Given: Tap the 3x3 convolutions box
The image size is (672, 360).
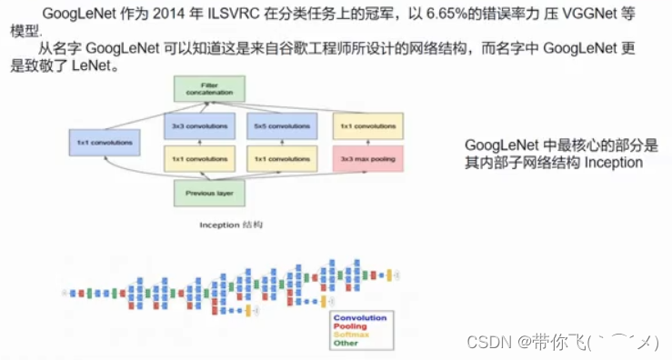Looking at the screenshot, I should pyautogui.click(x=199, y=125).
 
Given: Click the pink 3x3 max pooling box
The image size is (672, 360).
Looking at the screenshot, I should pyautogui.click(x=367, y=159).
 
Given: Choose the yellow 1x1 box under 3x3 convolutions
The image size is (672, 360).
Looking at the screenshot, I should pyautogui.click(x=199, y=159).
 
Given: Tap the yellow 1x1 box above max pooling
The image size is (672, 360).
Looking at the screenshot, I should pyautogui.click(x=367, y=125).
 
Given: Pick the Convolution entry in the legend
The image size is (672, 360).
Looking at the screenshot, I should pyautogui.click(x=360, y=317).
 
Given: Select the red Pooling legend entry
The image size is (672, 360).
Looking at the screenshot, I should pyautogui.click(x=351, y=326).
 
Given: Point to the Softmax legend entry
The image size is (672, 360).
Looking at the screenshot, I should pyautogui.click(x=353, y=335).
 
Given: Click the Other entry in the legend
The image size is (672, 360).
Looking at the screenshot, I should pyautogui.click(x=346, y=344).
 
